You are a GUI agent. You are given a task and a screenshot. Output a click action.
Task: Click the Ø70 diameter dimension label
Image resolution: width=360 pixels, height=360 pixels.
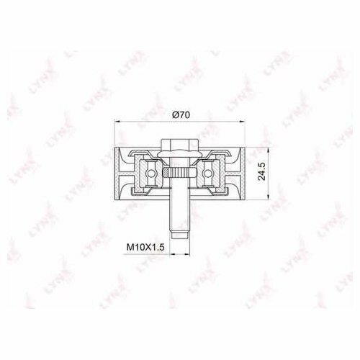181,115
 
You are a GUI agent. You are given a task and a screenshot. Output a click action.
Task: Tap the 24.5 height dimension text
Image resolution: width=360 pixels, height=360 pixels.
261,171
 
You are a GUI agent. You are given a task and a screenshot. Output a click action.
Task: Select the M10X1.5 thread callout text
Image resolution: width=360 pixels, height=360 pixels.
145,247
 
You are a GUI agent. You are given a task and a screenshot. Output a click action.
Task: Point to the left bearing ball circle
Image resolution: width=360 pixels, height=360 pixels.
150,173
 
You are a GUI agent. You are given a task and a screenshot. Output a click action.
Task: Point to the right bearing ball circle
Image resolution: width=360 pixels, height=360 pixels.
207,173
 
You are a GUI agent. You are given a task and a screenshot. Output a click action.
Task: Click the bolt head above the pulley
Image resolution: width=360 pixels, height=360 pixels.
179,145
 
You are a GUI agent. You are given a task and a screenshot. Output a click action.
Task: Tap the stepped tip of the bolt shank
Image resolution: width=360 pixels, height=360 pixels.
179,235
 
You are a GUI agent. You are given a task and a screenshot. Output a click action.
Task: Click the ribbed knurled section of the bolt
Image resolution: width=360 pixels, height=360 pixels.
179,173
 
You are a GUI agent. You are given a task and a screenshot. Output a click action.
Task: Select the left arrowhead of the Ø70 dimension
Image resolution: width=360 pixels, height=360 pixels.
117,122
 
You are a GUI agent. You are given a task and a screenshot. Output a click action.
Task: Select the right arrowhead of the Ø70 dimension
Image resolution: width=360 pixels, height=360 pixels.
242,122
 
